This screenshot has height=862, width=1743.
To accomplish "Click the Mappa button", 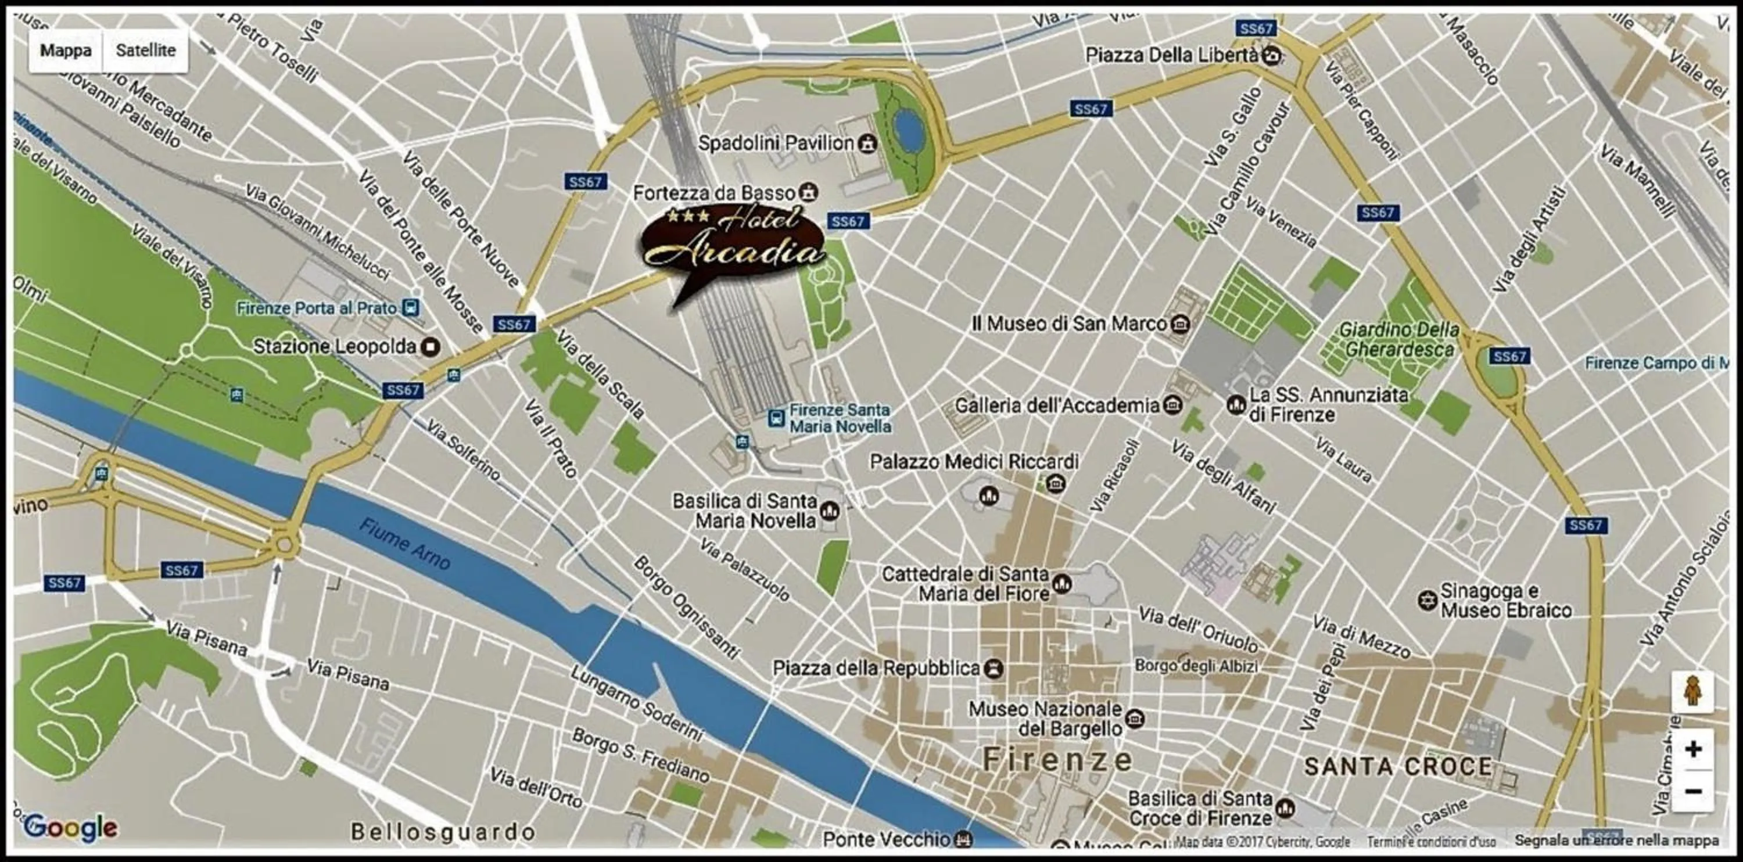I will point(66,51).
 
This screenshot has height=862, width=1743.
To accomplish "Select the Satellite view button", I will point(145,51).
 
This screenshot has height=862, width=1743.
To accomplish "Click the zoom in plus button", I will point(1694,749).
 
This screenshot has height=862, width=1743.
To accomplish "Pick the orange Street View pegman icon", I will point(1693,691).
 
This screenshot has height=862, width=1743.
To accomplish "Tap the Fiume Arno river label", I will point(404,544).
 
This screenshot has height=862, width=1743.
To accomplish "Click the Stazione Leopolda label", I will point(334,346).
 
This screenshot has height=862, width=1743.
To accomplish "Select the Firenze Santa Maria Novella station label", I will point(839,418).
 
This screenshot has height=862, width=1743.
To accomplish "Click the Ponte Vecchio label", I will point(887,839).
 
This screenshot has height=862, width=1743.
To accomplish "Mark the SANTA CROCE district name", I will point(1398,767).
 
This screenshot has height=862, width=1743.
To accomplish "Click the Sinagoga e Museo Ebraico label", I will point(1505,600).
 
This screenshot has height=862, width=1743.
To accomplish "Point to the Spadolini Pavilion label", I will point(776,143).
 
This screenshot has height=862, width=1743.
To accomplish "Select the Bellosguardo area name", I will point(443,832).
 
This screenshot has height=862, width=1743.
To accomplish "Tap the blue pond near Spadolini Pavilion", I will point(908,130).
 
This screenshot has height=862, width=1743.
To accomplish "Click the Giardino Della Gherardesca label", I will point(1398,340).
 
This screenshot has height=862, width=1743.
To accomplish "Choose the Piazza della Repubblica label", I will point(876,669).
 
